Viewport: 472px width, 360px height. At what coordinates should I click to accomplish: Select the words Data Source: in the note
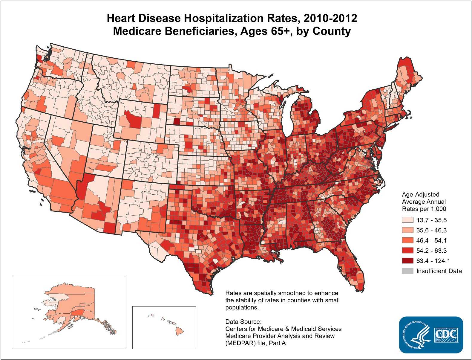[x=243, y=322]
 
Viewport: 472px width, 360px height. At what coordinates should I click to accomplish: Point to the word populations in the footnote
[x=241, y=307]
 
